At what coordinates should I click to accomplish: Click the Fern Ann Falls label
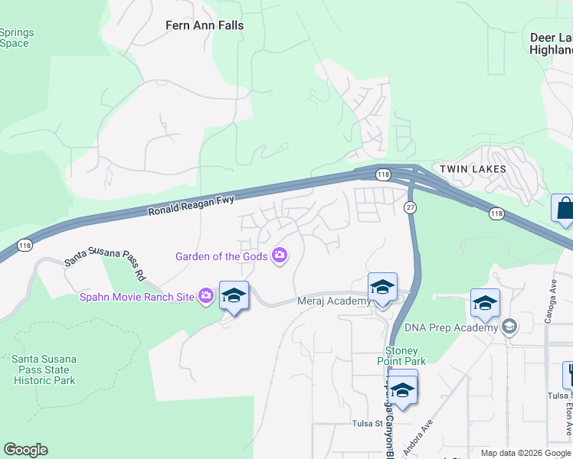205,25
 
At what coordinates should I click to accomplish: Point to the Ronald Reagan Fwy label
190,206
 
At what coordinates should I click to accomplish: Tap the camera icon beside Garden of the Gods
280,256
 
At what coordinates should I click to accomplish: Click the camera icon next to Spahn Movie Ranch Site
205,295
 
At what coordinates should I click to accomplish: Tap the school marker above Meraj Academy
382,288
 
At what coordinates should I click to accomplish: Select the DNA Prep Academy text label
457,328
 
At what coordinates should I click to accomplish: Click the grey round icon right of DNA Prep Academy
509,327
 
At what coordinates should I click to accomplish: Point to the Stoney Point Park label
401,356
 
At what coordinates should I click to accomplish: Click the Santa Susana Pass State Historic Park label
44,369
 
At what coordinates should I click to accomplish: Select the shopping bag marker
565,208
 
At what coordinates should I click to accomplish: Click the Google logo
25,450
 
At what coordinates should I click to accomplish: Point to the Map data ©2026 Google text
526,453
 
